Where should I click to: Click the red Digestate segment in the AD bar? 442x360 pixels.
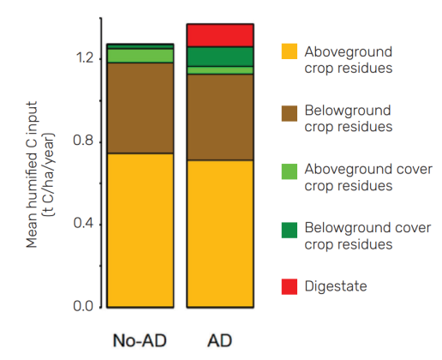point(220,35)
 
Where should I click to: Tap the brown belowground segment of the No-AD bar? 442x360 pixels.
point(140,108)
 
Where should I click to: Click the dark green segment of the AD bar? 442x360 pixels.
point(220,57)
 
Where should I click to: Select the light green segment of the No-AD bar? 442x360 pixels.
point(140,56)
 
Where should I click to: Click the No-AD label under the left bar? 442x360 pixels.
point(140,339)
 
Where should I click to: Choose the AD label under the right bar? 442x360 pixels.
point(220,339)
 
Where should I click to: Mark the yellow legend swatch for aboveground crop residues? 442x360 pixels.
point(291,52)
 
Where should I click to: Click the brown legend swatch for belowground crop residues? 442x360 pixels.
point(291,111)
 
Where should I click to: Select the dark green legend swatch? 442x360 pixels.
point(291,229)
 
